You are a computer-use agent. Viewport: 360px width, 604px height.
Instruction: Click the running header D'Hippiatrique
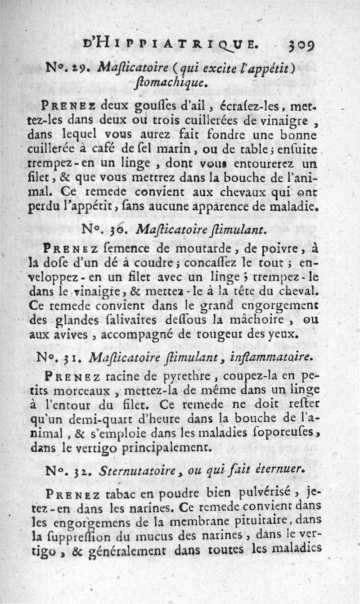pos(171,45)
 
